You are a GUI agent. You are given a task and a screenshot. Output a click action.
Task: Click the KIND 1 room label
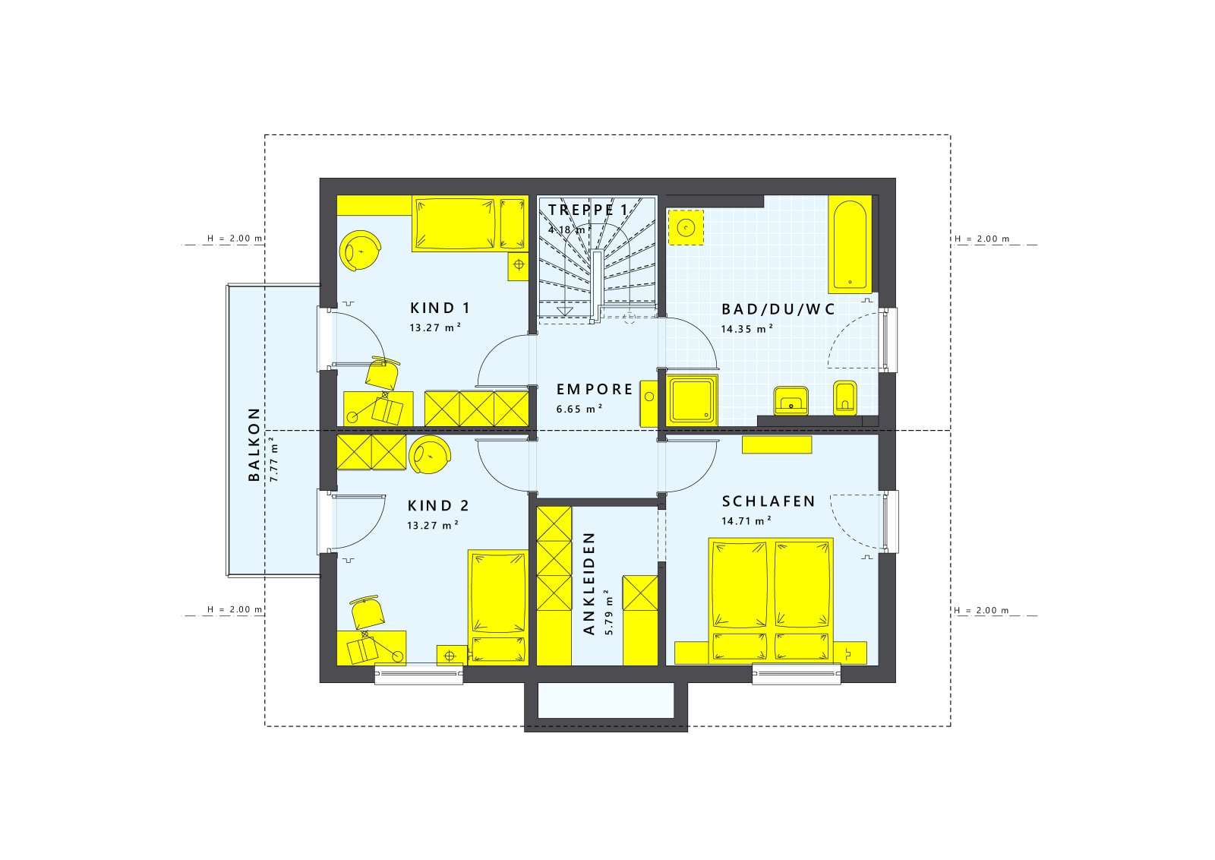click(440, 308)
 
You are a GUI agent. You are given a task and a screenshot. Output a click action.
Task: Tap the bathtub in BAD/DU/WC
click(850, 245)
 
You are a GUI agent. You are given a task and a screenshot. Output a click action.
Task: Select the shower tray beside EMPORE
click(690, 400)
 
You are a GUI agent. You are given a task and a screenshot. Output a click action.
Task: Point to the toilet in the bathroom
click(845, 397)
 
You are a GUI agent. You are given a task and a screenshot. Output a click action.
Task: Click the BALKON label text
click(254, 444)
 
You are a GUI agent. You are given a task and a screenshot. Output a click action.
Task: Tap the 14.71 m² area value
click(746, 521)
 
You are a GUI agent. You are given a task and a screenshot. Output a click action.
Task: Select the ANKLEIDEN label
click(589, 583)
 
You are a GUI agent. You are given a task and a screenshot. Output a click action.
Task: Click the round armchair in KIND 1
click(360, 250)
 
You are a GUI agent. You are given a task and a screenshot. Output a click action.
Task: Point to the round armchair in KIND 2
click(429, 457)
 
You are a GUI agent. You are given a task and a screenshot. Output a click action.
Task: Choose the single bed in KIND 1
click(469, 223)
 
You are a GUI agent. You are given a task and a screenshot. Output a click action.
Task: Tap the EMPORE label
click(595, 389)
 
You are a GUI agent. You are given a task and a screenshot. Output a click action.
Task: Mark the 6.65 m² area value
click(579, 409)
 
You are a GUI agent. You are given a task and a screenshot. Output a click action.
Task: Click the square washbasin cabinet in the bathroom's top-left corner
click(685, 227)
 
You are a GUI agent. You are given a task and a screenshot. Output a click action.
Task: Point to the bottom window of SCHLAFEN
click(797, 673)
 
